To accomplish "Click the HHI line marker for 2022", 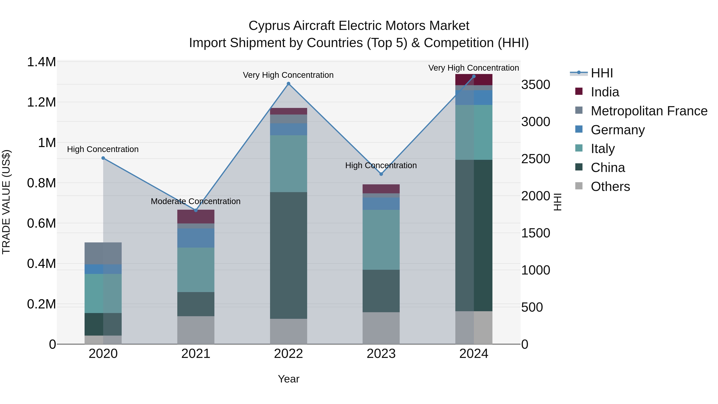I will tap(288, 84).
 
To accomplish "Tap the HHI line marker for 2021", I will tap(196, 210).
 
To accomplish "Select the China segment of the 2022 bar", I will tap(288, 255).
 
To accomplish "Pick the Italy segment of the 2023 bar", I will tap(381, 240).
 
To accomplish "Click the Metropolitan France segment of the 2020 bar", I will tap(103, 253).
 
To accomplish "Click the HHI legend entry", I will tap(602, 73).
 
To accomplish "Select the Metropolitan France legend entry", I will tap(649, 111).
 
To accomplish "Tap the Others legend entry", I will tap(610, 187).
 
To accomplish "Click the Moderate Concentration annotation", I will tap(195, 201).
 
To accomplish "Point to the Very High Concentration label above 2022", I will tap(288, 75).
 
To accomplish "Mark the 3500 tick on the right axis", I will tap(536, 85).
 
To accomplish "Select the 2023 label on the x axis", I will tap(381, 354).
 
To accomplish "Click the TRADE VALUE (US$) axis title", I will tap(6, 202).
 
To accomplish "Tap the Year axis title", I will tap(288, 379).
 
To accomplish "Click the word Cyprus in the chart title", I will tap(269, 26).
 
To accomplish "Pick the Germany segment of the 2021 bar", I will tap(196, 238).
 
